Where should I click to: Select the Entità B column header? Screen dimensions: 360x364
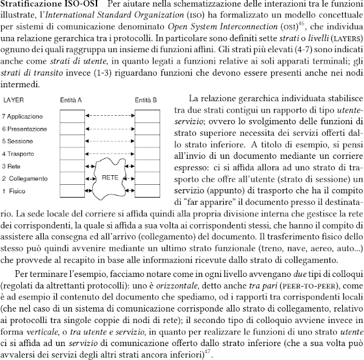[145, 99]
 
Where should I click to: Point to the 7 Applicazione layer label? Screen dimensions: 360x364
[24, 115]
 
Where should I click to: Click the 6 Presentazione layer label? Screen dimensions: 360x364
[26, 128]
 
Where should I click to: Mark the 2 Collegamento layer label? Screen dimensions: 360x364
[26, 178]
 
